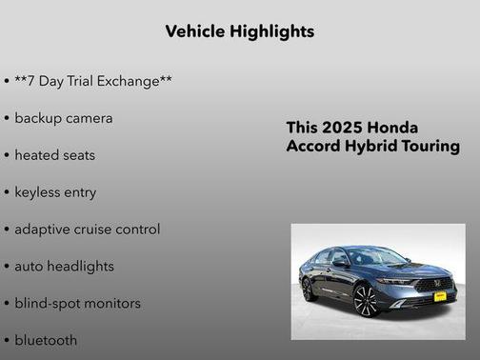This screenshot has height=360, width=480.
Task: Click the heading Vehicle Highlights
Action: [x=239, y=31]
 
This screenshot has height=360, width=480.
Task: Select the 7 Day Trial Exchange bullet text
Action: [x=93, y=81]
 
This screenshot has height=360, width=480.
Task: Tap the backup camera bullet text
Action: [x=64, y=118]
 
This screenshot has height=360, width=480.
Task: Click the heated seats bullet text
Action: [x=55, y=155]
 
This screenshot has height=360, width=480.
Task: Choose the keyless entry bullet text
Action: [x=55, y=192]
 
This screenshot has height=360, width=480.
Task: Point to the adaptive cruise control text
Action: [x=88, y=230]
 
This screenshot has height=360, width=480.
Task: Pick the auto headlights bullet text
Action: [x=64, y=267]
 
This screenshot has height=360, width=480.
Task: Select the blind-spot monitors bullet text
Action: [x=77, y=304]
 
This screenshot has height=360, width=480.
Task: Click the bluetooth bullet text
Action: [x=46, y=340]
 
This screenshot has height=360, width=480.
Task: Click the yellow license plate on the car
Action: [x=440, y=296]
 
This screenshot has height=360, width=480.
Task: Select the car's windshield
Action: [x=377, y=257]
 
